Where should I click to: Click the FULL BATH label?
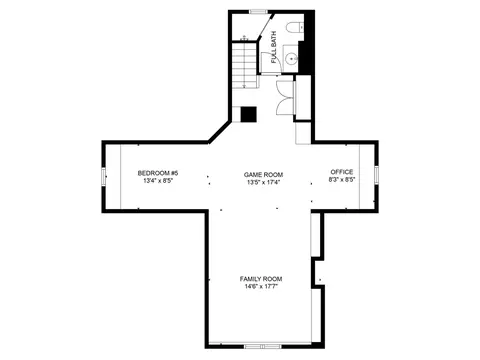[274, 47]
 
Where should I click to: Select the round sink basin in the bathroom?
[292, 59]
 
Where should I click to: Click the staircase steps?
[245, 65]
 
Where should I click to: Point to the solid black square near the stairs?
[249, 114]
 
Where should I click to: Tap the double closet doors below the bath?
[285, 98]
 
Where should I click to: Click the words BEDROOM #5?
[158, 173]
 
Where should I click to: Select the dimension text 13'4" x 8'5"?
[158, 181]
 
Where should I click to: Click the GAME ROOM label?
[263, 175]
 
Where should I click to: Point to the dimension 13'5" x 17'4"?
[263, 182]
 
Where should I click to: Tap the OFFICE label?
[342, 172]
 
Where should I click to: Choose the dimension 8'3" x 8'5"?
[342, 179]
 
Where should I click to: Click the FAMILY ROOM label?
[261, 279]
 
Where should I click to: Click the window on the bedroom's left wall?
[104, 176]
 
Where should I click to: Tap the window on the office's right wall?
[376, 175]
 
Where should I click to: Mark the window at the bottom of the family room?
[263, 347]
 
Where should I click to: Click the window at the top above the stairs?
[259, 12]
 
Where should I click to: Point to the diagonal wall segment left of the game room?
[219, 132]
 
